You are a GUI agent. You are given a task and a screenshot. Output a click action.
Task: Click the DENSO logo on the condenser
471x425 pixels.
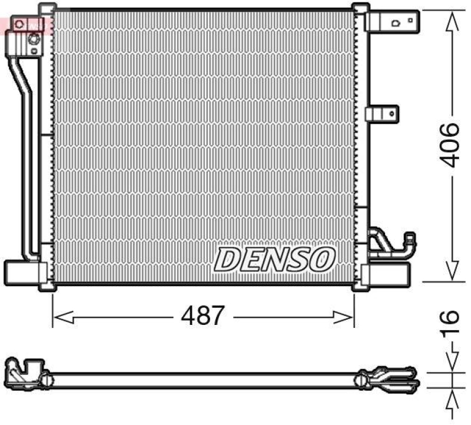click(274, 259)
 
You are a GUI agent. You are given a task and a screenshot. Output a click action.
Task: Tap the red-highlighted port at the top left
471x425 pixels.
click(20, 24)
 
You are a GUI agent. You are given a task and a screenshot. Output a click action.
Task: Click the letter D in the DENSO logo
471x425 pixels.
click(226, 259)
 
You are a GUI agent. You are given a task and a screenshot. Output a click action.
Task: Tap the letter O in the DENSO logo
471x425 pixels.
click(323, 259)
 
